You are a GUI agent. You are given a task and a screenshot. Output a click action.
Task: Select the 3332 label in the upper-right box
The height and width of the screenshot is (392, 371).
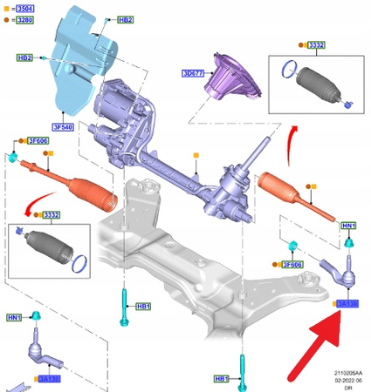pyautogui.click(x=318, y=44)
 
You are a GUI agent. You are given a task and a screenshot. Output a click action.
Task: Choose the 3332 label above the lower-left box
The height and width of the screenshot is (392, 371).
pyautogui.click(x=52, y=214)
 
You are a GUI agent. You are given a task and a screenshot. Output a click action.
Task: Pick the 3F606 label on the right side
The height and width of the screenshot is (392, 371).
pyautogui.click(x=292, y=264)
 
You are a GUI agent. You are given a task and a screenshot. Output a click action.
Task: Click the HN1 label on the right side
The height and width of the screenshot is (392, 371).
pyautogui.click(x=348, y=226)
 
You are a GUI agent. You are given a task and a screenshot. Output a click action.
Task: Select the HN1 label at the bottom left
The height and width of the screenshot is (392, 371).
pyautogui.click(x=15, y=317)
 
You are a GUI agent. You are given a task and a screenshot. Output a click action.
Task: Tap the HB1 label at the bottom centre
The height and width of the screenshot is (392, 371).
pyautogui.click(x=223, y=380)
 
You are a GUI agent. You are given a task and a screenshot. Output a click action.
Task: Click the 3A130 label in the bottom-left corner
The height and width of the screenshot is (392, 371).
pyautogui.click(x=50, y=380)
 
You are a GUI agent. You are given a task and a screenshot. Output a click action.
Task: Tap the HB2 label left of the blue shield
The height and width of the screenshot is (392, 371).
pyautogui.click(x=24, y=57)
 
